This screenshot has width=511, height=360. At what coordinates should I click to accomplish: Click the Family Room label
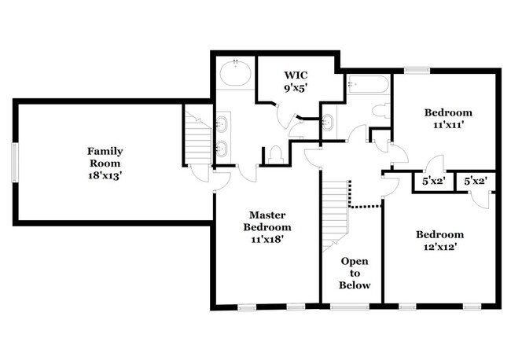click(105, 163)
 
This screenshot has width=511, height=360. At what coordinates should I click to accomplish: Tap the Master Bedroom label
click(267, 226)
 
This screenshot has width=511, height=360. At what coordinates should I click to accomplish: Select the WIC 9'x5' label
click(300, 82)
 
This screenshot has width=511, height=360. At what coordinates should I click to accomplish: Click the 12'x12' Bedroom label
click(439, 240)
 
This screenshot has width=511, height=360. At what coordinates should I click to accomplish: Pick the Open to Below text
click(355, 272)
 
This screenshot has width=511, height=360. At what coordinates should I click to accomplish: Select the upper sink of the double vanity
click(222, 123)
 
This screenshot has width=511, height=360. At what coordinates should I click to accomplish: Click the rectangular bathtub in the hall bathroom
click(365, 83)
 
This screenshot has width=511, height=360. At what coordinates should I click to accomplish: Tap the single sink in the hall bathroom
click(329, 121)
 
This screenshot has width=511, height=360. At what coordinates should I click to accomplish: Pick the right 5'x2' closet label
click(474, 182)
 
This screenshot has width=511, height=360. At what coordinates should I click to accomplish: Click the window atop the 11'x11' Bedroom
click(416, 70)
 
